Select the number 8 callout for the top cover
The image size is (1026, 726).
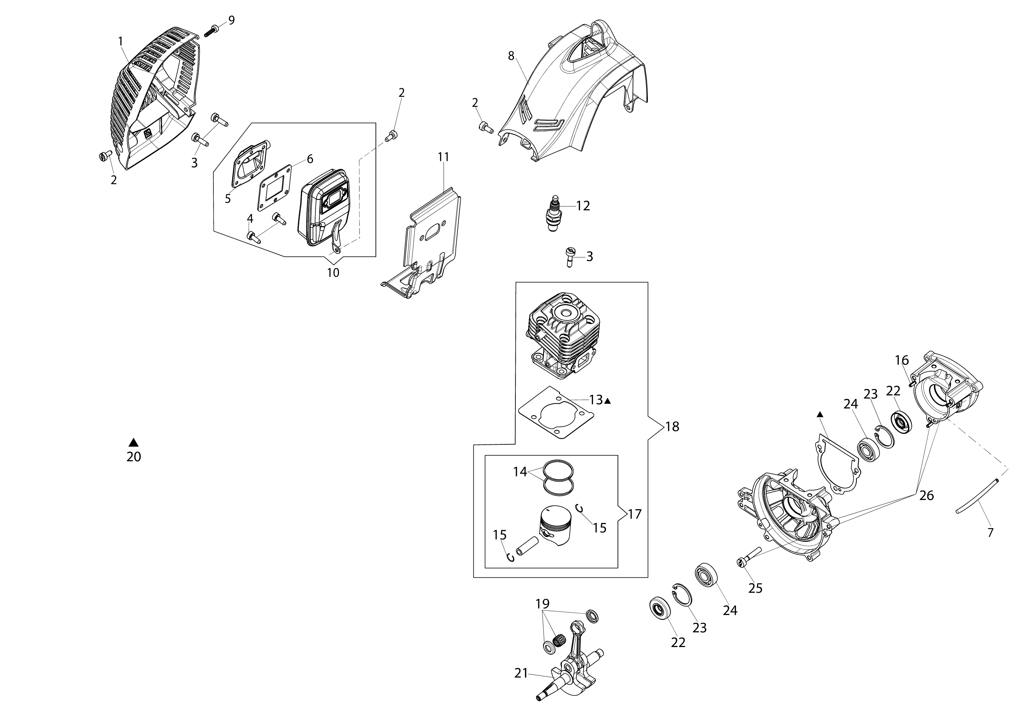pyautogui.click(x=511, y=56)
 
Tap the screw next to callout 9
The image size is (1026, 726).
pyautogui.click(x=211, y=31)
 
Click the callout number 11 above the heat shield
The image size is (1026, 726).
pyautogui.click(x=443, y=157)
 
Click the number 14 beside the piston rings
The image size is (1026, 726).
pyautogui.click(x=520, y=472)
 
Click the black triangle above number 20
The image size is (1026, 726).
pyautogui.click(x=133, y=443)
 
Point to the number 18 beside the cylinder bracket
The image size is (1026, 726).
pyautogui.click(x=672, y=427)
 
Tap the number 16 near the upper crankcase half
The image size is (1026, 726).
pyautogui.click(x=902, y=360)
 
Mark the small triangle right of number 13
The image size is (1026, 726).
pyautogui.click(x=608, y=401)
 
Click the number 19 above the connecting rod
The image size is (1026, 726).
pyautogui.click(x=542, y=604)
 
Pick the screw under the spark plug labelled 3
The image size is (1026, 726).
pyautogui.click(x=569, y=257)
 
